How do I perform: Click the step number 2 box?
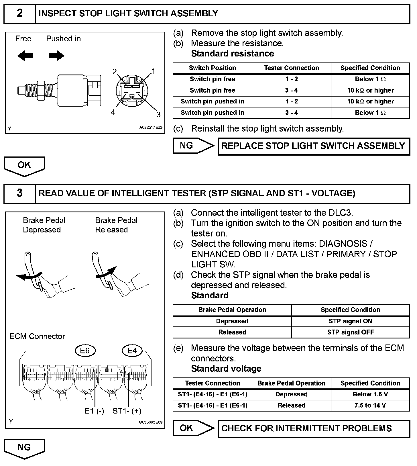[x=19, y=13]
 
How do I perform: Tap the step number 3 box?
[x=19, y=193]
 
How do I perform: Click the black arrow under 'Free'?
[x=25, y=56]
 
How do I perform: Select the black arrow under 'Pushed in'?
[x=56, y=56]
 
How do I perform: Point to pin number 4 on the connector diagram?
[x=113, y=112]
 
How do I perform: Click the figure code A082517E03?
[x=151, y=128]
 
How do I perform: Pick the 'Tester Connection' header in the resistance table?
[x=291, y=68]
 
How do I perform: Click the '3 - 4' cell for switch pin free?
[x=291, y=90]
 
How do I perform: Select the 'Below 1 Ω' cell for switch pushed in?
[x=370, y=113]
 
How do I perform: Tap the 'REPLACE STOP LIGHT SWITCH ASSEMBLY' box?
[x=314, y=146]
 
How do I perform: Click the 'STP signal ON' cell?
[x=350, y=321]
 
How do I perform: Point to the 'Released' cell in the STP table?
[x=232, y=332]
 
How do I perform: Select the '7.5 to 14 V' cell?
[x=370, y=405]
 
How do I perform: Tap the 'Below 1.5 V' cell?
[x=370, y=394]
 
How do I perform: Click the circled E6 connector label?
[x=85, y=351]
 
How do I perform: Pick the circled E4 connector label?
[x=132, y=351]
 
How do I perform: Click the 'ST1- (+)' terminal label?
[x=127, y=411]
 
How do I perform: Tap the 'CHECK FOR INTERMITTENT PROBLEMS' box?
[x=314, y=428]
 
